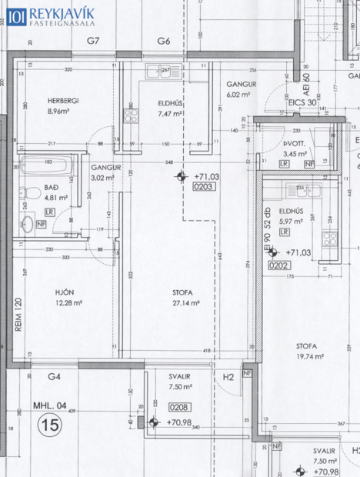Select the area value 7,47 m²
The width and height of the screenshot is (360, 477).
(168, 113)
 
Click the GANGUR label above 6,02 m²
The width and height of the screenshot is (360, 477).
(241, 84)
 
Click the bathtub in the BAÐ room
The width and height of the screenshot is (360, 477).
(45, 163)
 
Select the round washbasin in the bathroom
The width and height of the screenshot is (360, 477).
(27, 224)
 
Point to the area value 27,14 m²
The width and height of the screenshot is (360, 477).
(186, 303)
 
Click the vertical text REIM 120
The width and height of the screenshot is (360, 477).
(18, 315)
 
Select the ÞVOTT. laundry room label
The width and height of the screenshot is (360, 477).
(292, 144)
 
